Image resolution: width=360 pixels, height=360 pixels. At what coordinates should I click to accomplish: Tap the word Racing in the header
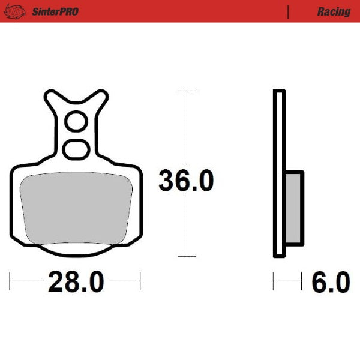pyautogui.click(x=334, y=11)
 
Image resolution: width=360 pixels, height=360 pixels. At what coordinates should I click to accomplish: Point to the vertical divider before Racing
pyautogui.click(x=288, y=11)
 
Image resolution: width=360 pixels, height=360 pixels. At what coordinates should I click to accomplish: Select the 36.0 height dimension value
pyautogui.click(x=186, y=181)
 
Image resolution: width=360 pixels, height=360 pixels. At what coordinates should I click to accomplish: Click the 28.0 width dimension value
pyautogui.click(x=76, y=281)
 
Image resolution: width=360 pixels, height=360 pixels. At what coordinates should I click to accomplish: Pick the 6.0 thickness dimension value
pyautogui.click(x=331, y=281)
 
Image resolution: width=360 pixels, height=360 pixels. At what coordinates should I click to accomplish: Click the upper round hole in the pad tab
pyautogui.click(x=76, y=122)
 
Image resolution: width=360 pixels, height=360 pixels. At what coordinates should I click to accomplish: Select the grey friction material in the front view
pyautogui.click(x=76, y=207)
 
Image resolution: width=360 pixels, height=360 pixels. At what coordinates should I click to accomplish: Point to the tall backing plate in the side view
pyautogui.click(x=279, y=174)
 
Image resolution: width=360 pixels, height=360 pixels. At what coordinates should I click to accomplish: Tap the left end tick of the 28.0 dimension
pyautogui.click(x=11, y=280)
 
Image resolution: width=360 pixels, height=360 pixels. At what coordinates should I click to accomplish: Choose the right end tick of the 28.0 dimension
pyautogui.click(x=140, y=280)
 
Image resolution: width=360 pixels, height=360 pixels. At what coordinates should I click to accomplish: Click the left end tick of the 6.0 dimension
pyautogui.click(x=274, y=280)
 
